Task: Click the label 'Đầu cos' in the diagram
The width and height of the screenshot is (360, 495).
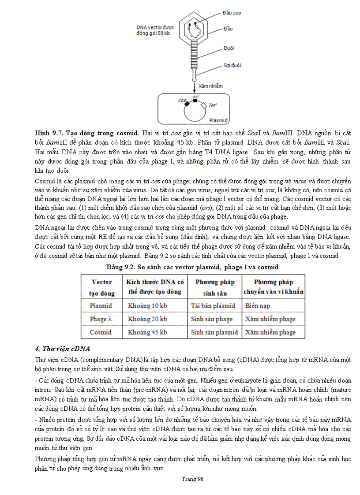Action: pos(232,13)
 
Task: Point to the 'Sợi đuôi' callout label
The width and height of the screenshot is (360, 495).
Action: pos(232,65)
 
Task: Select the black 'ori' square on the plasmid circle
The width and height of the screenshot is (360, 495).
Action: pos(195,100)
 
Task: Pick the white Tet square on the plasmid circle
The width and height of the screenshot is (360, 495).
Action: pos(203,106)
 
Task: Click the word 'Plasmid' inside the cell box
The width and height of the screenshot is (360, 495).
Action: pos(218,120)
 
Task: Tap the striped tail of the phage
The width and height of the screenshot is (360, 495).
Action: pos(194,53)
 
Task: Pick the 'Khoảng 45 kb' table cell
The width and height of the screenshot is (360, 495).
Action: pos(147,332)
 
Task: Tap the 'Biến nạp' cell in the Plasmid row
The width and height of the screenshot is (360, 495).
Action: pos(258,305)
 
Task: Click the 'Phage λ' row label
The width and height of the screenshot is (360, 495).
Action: pos(101,319)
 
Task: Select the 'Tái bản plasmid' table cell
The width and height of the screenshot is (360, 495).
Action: pos(213,305)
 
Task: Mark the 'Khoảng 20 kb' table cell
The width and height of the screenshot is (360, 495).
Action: pos(147,319)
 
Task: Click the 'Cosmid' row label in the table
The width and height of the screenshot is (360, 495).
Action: pos(101,332)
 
